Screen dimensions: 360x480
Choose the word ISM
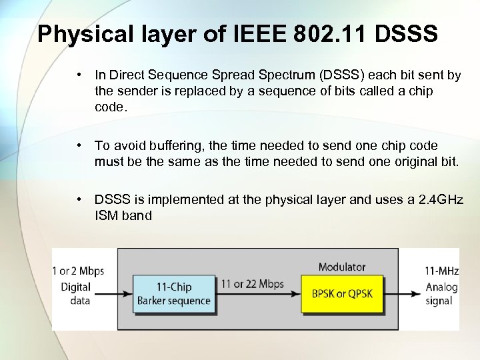(107, 215)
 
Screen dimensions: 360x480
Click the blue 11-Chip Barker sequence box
(174, 293)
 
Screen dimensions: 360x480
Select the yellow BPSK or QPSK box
(341, 293)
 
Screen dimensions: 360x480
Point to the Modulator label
(341, 267)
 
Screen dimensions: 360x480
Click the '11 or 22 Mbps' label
(253, 284)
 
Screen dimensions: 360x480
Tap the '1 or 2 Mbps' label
(78, 271)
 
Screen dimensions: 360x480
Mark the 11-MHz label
(441, 271)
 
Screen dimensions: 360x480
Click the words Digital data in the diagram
(75, 293)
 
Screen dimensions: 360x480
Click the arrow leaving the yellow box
(403, 294)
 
